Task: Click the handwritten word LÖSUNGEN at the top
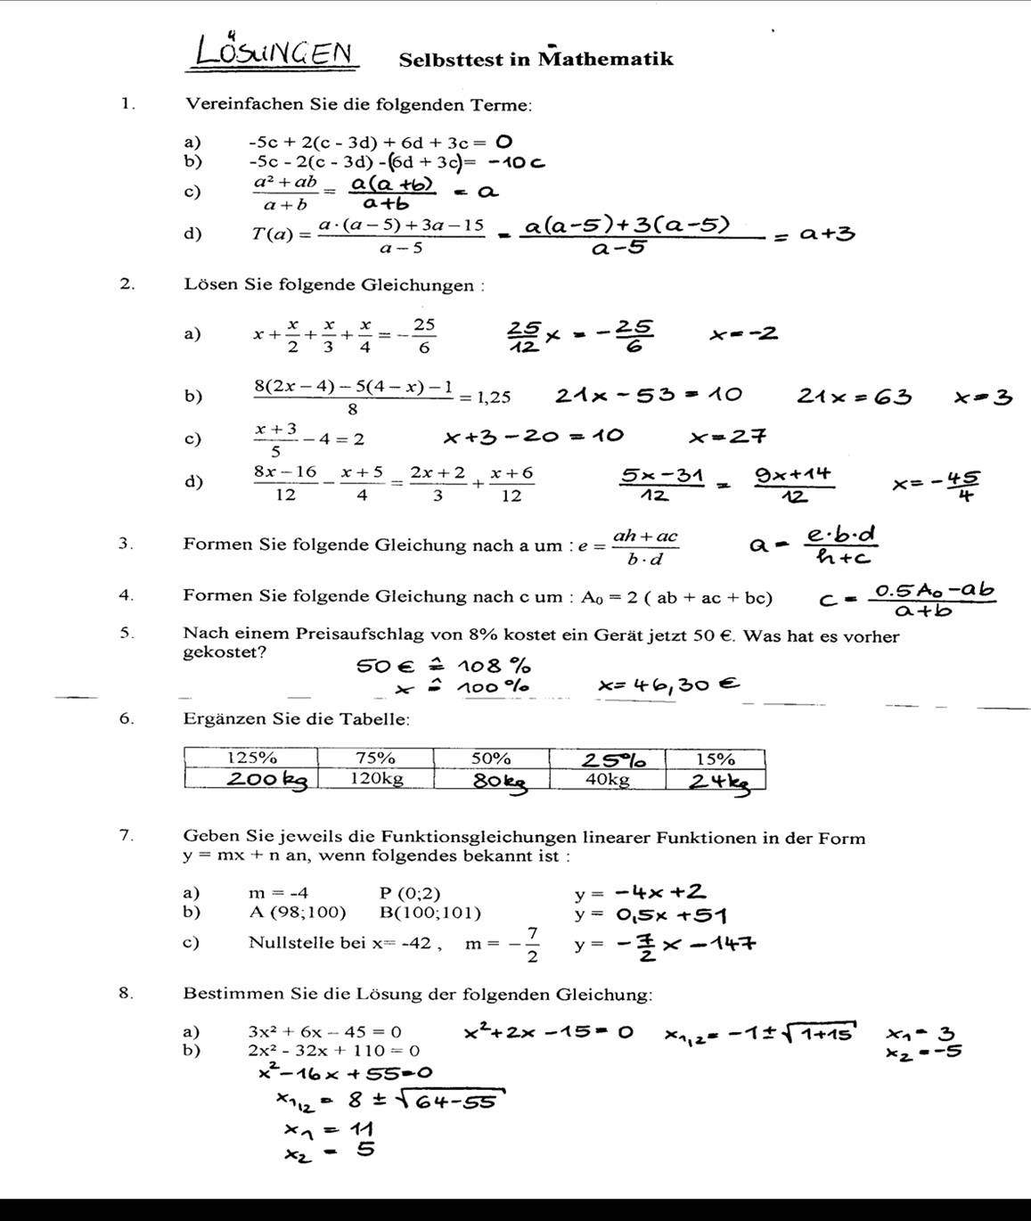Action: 274,52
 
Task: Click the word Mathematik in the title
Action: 606,60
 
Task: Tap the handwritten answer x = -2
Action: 743,334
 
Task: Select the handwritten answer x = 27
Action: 727,437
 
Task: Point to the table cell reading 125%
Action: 251,758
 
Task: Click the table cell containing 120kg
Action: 376,778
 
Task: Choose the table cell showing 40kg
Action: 607,779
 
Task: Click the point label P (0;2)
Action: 409,893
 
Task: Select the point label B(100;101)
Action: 430,913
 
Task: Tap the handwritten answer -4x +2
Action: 660,891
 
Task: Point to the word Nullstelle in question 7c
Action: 295,943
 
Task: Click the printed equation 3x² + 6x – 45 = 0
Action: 324,1032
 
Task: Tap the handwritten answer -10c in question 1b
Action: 517,162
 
